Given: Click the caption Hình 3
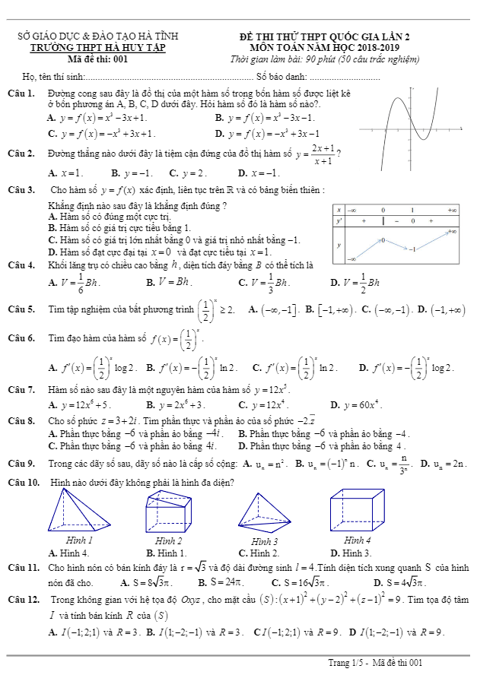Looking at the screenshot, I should click(x=263, y=541).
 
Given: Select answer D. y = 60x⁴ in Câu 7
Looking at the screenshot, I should click(x=355, y=404).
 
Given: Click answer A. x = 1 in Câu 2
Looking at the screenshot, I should click(x=64, y=173).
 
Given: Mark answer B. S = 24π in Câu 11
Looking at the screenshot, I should click(x=219, y=582).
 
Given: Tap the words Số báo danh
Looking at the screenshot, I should click(x=281, y=76).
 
